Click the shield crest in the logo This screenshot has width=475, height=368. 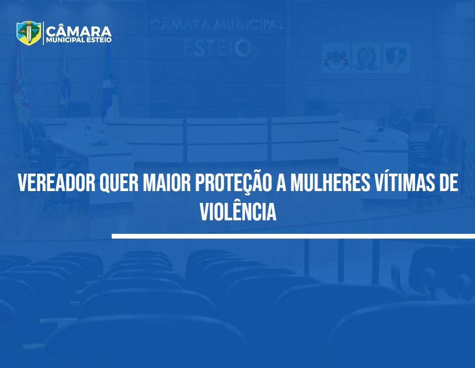29,33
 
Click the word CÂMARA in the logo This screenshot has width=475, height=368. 79,31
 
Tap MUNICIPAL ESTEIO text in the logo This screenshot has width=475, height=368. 79,40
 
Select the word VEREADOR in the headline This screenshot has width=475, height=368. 57,183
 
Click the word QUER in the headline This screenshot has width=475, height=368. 119,183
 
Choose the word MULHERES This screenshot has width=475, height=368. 330,183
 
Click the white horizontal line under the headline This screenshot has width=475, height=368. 293,236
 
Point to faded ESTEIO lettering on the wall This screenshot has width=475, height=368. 217,48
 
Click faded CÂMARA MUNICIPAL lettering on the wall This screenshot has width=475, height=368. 217,25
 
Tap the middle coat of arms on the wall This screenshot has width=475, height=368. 366,58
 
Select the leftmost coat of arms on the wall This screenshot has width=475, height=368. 336,58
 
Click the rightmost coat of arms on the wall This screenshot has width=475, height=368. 396,58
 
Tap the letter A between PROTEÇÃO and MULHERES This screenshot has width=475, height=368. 281,183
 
